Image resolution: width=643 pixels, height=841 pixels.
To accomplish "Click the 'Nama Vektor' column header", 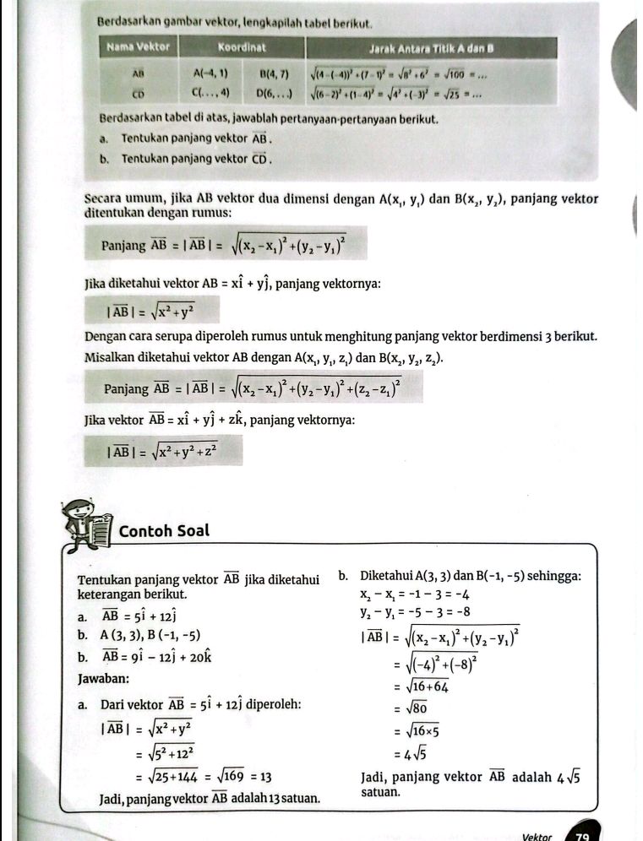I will point(139,47).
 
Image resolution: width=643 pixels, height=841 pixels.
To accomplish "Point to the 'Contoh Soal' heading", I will point(164,532).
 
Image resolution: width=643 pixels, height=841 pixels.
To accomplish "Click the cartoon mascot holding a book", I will point(85,525).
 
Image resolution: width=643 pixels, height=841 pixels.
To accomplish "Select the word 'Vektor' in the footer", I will point(537,837).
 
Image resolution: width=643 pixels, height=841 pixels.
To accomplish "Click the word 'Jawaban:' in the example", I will point(103,678).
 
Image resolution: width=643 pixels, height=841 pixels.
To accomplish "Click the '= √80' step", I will point(413,708).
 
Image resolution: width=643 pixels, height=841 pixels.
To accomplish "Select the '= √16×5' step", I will point(418,731).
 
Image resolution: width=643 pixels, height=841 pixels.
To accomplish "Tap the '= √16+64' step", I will point(421,686).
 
